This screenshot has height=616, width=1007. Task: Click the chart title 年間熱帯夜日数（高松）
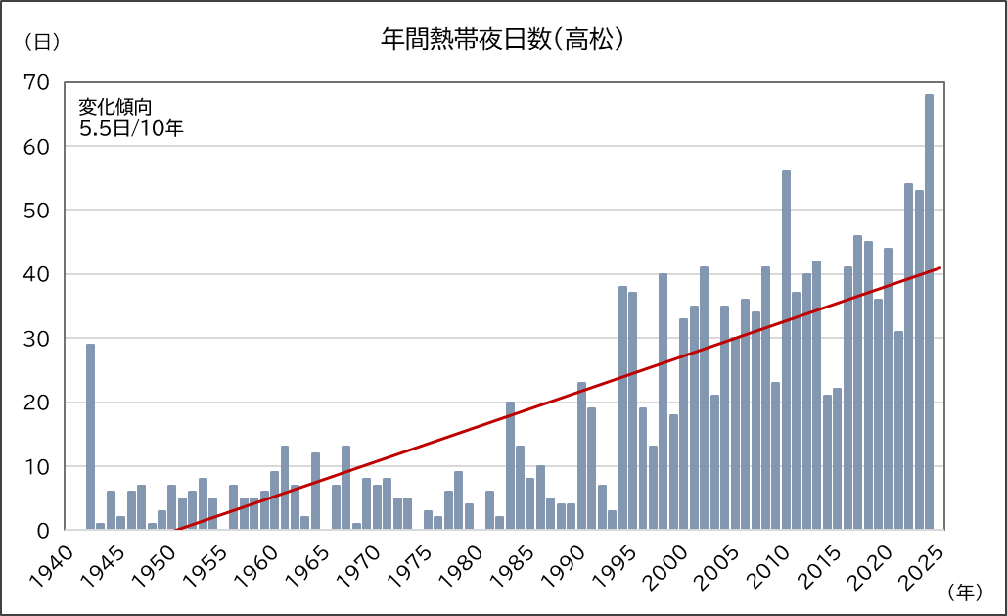[x=503, y=41]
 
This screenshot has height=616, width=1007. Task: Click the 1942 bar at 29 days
[x=90, y=437]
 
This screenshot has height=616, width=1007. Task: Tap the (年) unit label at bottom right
[x=965, y=592]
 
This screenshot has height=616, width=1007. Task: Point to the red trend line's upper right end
[x=939, y=268]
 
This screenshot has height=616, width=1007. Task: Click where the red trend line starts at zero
[x=176, y=530]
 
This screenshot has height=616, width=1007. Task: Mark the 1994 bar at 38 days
[x=622, y=408]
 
